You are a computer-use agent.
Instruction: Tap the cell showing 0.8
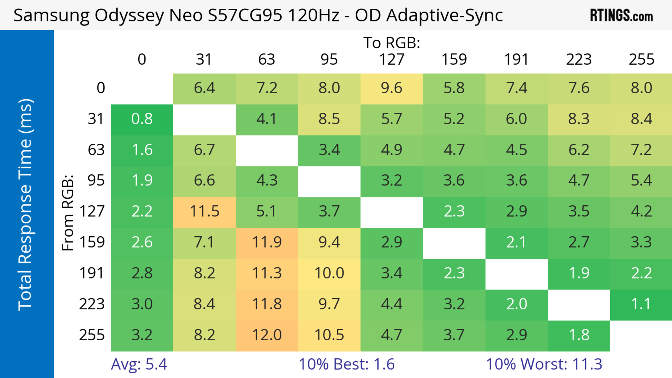pos(142,119)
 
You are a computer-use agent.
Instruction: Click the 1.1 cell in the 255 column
pos(641,304)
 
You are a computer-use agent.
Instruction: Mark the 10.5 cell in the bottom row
pos(329,335)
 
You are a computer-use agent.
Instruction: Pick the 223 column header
pos(579,60)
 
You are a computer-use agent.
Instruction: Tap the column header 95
pos(329,60)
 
